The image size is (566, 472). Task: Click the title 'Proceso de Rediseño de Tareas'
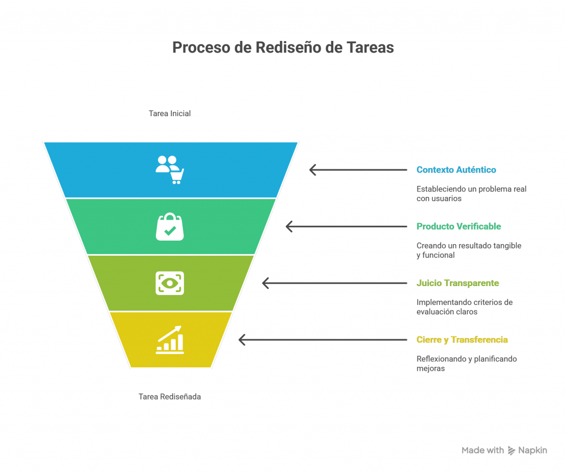tap(282, 48)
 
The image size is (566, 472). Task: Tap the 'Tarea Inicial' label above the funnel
tap(170, 113)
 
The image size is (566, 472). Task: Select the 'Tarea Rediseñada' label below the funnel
tap(170, 397)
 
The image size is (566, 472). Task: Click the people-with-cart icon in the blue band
tap(170, 170)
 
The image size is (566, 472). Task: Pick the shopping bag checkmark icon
tap(170, 227)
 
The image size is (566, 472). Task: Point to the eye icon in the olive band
tap(170, 283)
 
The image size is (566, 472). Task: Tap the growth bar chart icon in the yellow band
tap(170, 340)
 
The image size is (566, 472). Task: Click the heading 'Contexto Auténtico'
tap(456, 170)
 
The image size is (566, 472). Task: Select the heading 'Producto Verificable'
tap(459, 227)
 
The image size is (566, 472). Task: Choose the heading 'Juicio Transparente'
tap(458, 283)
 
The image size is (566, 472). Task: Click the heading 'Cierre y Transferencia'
tap(462, 340)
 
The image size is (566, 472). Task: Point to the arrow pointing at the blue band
tap(358, 170)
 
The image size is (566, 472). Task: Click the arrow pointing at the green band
tap(346, 227)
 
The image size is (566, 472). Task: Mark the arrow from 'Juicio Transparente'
tap(334, 283)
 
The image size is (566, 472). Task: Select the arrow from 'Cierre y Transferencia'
tap(323, 340)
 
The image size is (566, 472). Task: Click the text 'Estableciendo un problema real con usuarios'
tap(471, 194)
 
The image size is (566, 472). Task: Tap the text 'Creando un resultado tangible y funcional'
tap(469, 251)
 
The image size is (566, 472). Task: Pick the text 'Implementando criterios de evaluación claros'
tap(464, 307)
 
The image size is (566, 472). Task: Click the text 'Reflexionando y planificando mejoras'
tap(467, 364)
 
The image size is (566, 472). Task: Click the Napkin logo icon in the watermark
tap(511, 450)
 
